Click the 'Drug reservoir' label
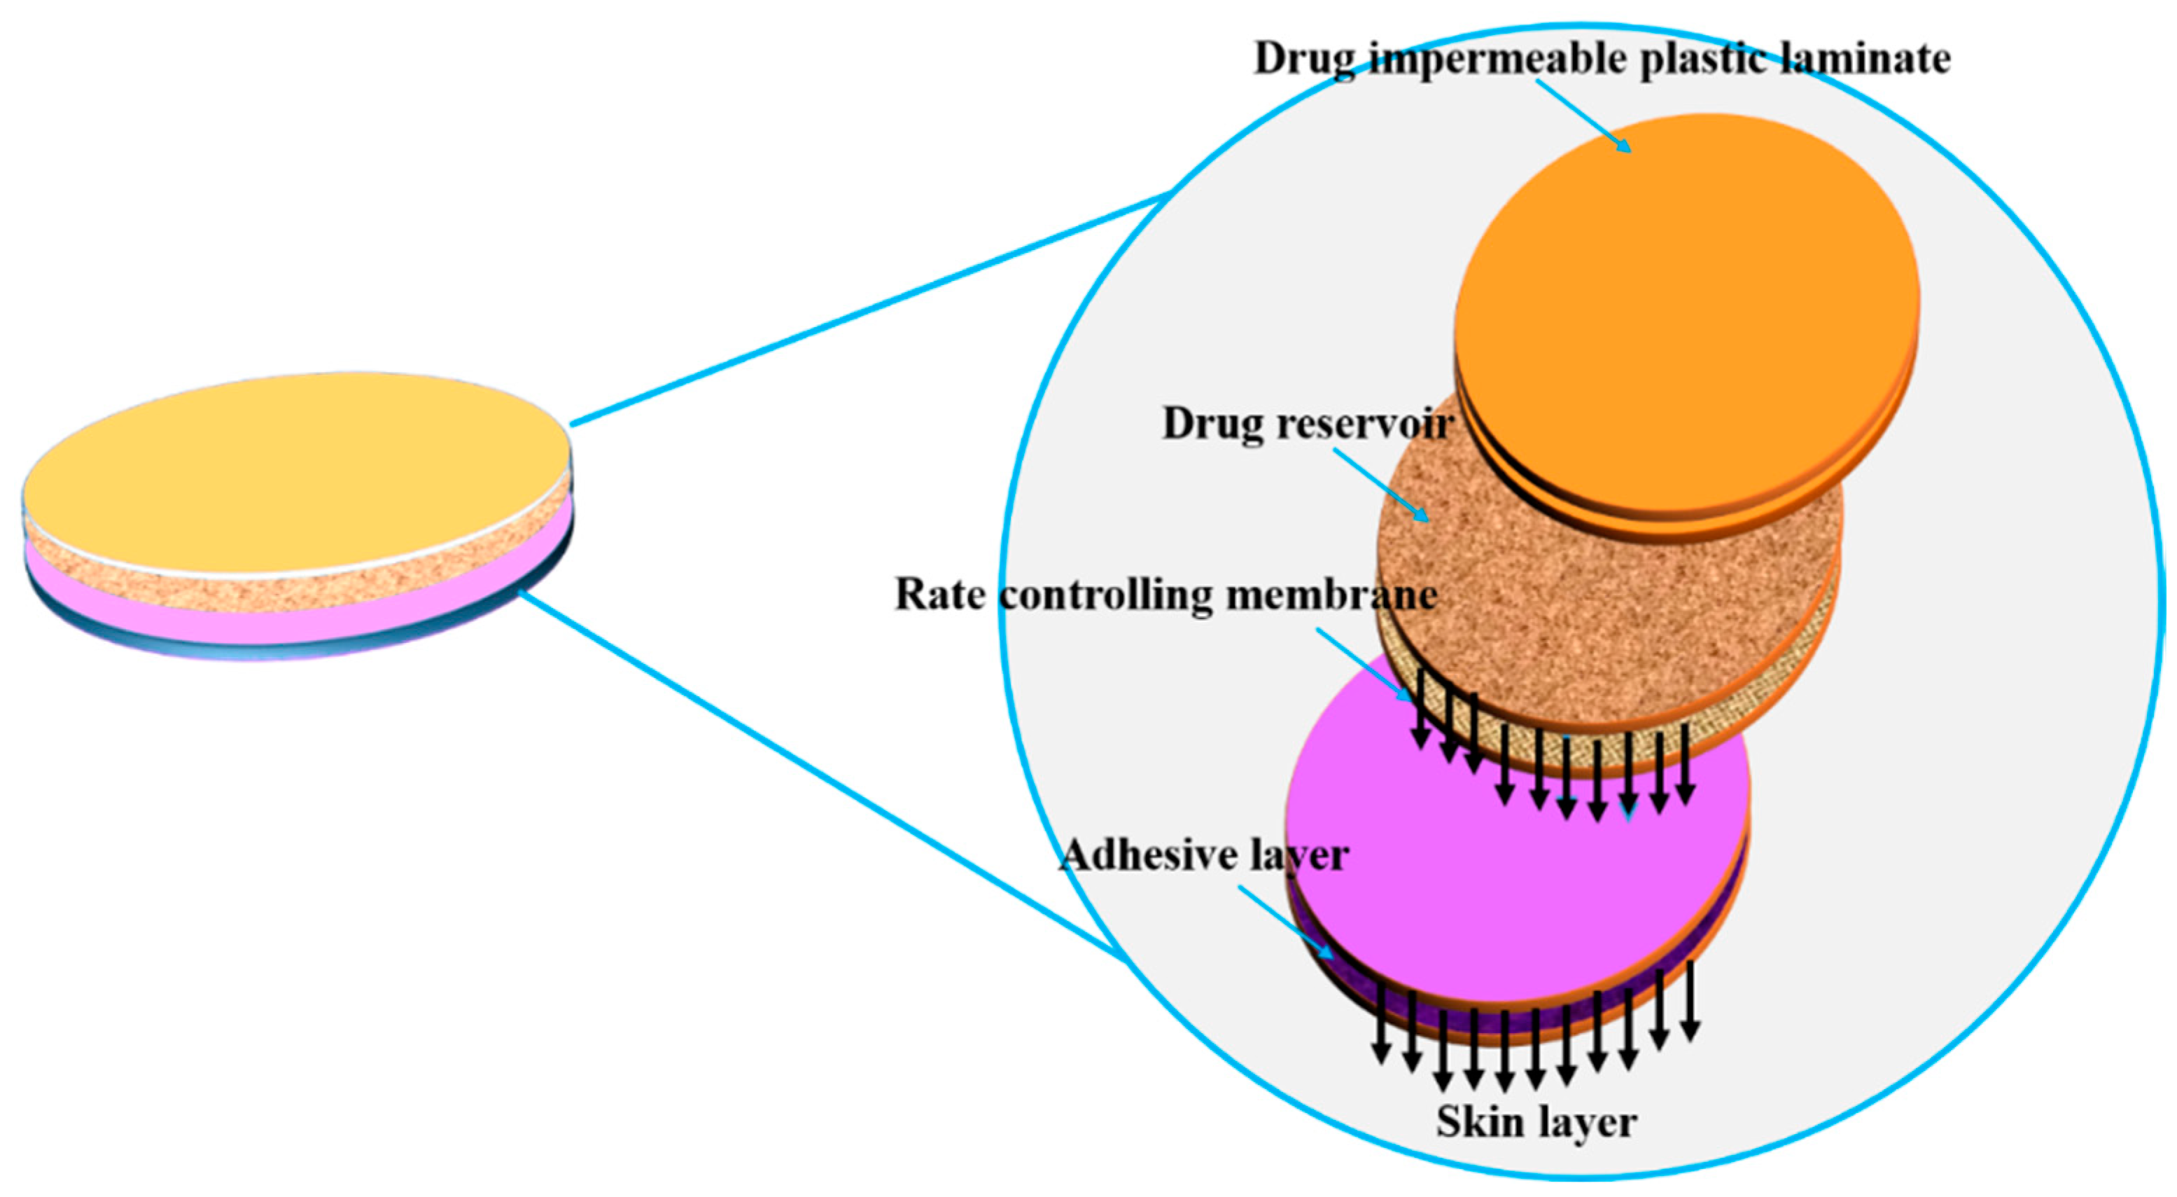(1306, 424)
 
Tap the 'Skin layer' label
(1536, 1123)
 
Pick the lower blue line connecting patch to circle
(820, 773)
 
